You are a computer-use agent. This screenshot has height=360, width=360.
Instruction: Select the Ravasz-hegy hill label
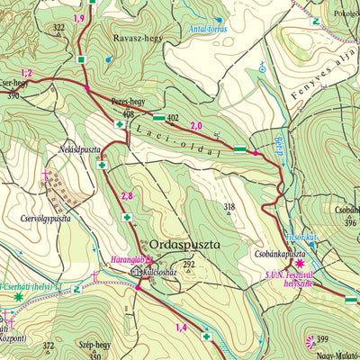[135, 39]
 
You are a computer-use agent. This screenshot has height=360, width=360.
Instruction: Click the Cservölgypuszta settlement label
[41, 218]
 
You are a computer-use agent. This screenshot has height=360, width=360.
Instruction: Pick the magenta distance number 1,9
[78, 18]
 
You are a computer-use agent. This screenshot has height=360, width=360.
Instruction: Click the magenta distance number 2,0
[196, 126]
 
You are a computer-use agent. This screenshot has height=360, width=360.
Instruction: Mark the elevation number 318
[229, 207]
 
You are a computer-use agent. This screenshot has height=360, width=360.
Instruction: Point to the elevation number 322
[58, 28]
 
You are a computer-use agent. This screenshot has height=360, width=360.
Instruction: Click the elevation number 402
[173, 117]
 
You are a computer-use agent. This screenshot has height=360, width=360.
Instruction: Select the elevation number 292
[188, 264]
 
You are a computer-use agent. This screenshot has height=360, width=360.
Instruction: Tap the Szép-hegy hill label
[96, 345]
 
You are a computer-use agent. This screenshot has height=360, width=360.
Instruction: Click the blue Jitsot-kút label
[301, 238]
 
